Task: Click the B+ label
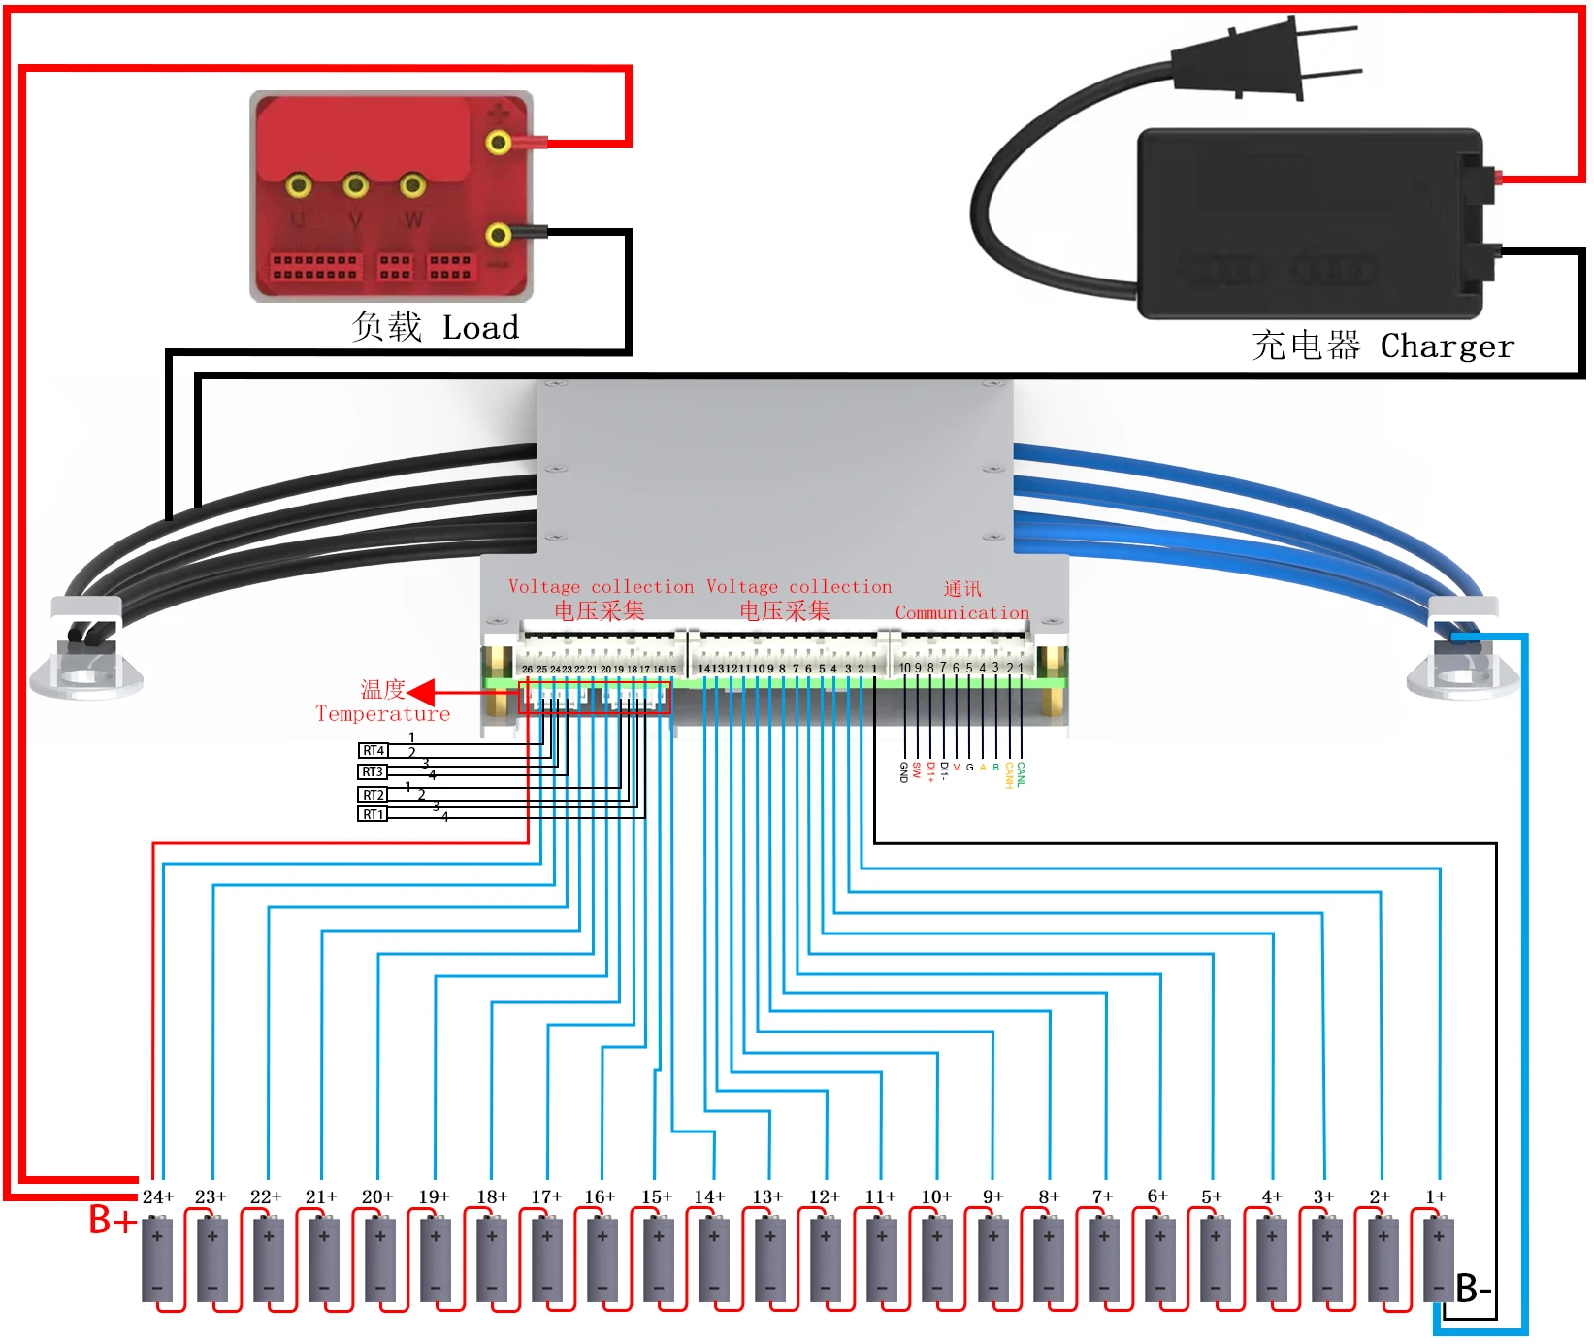tap(112, 1220)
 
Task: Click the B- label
tap(1473, 1289)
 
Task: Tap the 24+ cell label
tap(157, 1196)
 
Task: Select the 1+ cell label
tap(1436, 1196)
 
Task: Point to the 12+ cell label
tap(825, 1196)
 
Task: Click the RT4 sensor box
tap(374, 750)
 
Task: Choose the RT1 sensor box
tap(374, 814)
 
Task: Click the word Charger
tap(1447, 346)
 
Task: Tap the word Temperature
tap(382, 714)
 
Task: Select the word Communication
tap(961, 612)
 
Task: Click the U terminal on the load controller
tap(299, 185)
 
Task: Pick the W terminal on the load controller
tap(412, 185)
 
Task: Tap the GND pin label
tap(903, 771)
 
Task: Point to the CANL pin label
tap(1021, 773)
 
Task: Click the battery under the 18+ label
tap(492, 1260)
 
